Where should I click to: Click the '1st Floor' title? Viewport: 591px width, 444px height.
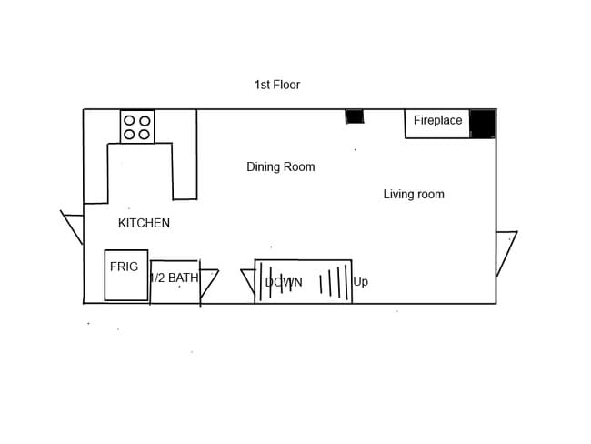[x=277, y=85]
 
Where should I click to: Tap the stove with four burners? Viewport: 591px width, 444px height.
[x=137, y=126]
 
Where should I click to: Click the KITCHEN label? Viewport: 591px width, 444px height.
[x=144, y=223]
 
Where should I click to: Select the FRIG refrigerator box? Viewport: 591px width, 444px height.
[x=125, y=275]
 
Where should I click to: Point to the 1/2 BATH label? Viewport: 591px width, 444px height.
[x=174, y=277]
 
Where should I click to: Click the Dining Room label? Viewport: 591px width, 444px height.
[x=280, y=166]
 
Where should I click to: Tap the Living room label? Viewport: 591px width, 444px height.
[x=414, y=194]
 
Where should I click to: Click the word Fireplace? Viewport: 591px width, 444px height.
[x=437, y=120]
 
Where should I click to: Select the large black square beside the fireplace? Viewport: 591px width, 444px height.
[x=483, y=123]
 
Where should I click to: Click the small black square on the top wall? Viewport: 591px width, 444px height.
[x=355, y=116]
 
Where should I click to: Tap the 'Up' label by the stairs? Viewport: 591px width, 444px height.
[x=361, y=282]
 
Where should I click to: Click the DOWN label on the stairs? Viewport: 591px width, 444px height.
[x=284, y=282]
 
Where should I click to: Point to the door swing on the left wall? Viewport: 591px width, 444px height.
[x=73, y=227]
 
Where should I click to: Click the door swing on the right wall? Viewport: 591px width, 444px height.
[x=505, y=250]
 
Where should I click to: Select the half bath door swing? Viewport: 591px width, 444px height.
[x=208, y=281]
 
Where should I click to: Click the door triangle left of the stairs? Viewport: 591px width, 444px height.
[x=248, y=280]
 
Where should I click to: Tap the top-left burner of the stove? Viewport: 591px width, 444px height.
[x=129, y=120]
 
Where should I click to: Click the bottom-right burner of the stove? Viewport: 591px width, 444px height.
[x=145, y=134]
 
